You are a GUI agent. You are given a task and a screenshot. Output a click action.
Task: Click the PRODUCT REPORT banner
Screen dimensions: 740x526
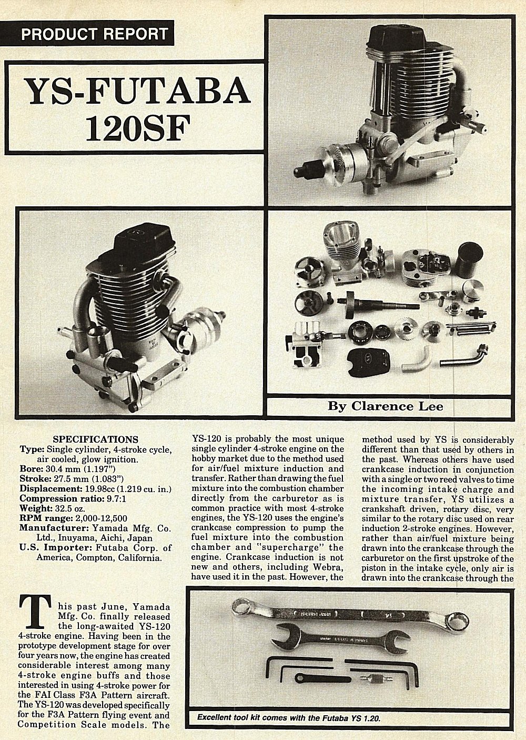[95, 35]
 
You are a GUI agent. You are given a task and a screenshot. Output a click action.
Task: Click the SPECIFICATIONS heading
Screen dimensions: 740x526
[96, 439]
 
